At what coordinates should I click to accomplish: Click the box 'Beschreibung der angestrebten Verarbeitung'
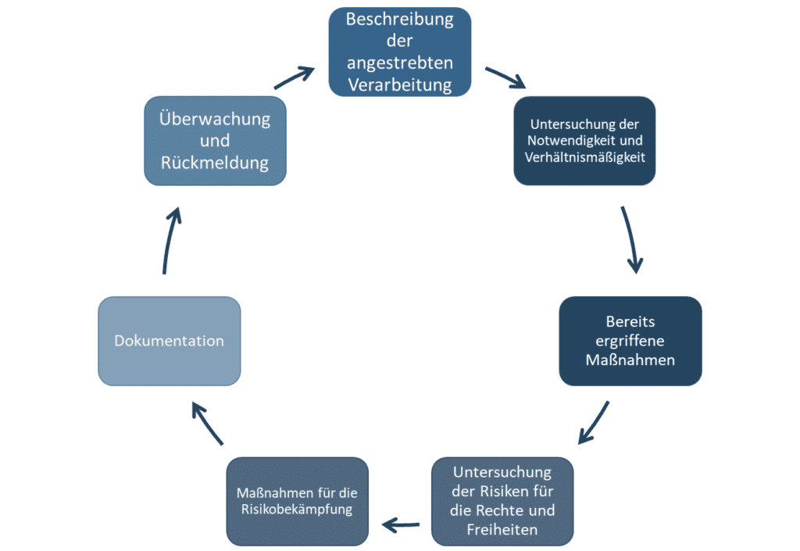[x=399, y=52]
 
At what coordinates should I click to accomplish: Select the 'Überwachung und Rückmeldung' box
[x=215, y=141]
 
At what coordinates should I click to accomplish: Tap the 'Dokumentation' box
[x=169, y=341]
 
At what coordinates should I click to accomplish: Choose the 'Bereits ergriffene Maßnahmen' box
[x=630, y=341]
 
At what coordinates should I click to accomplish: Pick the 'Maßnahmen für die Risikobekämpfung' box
[x=297, y=501]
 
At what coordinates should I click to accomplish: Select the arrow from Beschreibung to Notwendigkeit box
[x=505, y=78]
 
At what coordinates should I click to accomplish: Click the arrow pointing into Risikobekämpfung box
[x=399, y=524]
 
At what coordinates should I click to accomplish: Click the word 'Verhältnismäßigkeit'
[x=584, y=156]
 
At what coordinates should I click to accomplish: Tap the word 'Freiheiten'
[x=502, y=530]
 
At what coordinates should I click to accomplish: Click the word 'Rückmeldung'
[x=215, y=163]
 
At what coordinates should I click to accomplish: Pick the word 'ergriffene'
[x=630, y=341]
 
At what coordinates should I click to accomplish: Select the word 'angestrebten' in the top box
[x=399, y=63]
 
